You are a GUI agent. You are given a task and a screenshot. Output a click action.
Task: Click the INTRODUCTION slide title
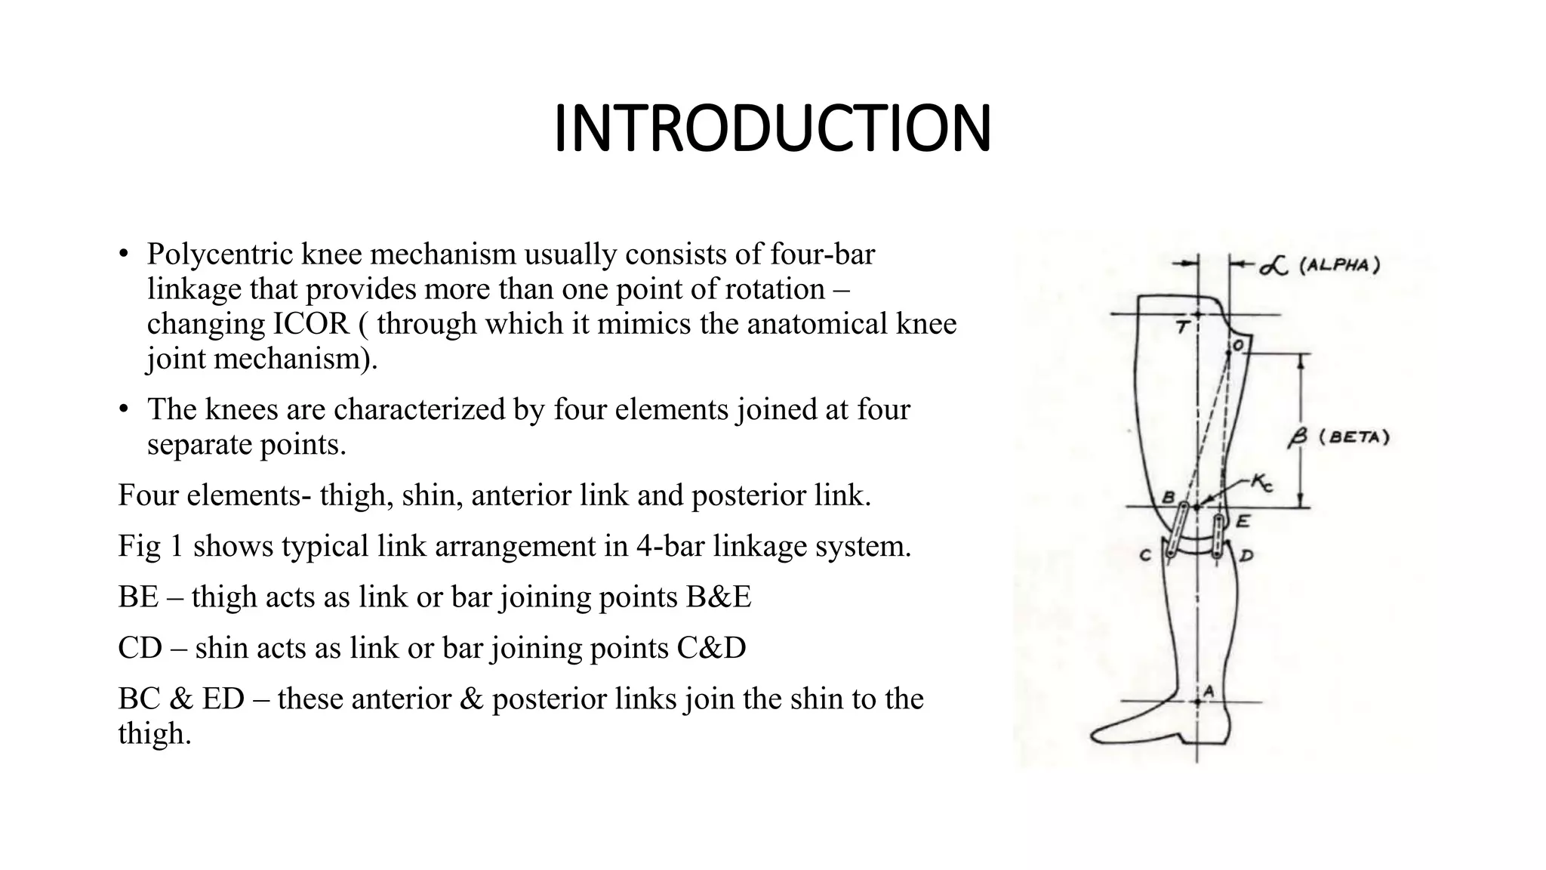tap(772, 129)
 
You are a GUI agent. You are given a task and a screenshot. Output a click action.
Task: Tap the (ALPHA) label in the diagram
tap(1339, 266)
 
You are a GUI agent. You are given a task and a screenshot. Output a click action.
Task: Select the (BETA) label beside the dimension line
tap(1354, 437)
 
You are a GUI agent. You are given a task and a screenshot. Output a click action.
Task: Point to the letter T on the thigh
tap(1183, 327)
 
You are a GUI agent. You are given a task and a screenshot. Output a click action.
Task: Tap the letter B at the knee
tap(1167, 498)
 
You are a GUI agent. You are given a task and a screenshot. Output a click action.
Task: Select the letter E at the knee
tap(1243, 521)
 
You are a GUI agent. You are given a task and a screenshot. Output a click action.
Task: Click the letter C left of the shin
tap(1145, 556)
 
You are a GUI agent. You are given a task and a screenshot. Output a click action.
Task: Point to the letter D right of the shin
tap(1246, 557)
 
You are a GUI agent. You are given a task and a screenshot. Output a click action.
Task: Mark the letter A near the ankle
tap(1208, 690)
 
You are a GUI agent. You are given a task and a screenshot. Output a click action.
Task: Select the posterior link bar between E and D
tap(1218, 536)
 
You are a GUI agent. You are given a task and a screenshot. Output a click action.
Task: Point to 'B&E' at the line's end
tap(718, 597)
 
